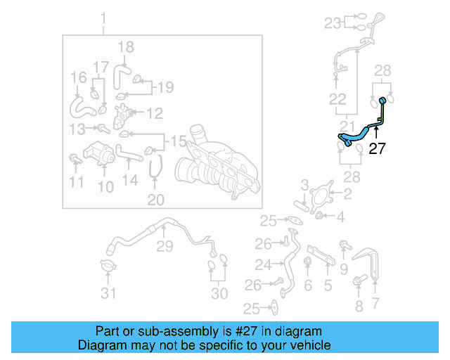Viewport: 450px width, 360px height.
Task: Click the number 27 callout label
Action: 378,148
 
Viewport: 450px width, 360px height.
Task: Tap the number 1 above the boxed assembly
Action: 104,18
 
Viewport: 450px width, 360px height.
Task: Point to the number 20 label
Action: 155,200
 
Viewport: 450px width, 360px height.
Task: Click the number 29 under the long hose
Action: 164,247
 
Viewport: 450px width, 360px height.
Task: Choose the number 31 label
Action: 108,293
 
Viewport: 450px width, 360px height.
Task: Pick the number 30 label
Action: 220,293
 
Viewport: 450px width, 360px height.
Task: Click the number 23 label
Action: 332,23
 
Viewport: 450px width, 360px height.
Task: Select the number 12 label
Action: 154,112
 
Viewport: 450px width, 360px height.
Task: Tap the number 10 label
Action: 105,186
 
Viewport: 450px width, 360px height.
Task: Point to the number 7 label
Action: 375,303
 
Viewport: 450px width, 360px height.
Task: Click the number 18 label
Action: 125,48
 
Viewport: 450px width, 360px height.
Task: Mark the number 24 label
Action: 263,265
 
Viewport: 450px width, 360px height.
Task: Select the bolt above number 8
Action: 357,283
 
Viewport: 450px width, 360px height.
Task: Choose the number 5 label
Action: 328,285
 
